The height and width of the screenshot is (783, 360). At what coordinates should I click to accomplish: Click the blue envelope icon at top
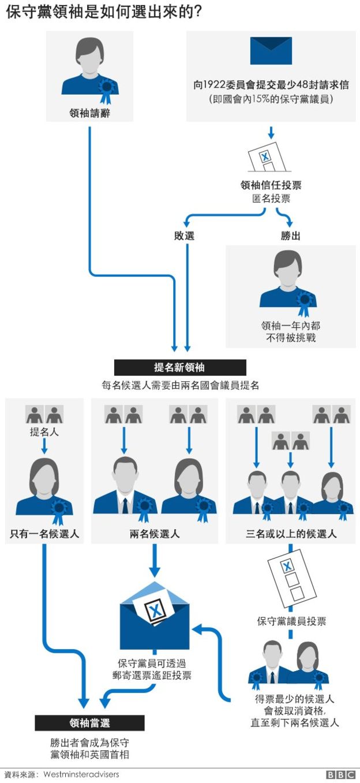(271, 51)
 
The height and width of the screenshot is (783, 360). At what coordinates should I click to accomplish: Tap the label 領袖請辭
(89, 114)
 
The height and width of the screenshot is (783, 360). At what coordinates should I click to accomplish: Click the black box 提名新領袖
(179, 368)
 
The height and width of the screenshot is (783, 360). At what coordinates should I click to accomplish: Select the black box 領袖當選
(89, 723)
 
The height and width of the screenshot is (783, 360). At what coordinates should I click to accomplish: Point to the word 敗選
(185, 236)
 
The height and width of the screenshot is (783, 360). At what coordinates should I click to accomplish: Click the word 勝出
(290, 236)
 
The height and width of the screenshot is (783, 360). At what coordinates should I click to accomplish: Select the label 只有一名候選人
(44, 534)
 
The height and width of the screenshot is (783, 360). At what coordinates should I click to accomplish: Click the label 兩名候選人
(155, 534)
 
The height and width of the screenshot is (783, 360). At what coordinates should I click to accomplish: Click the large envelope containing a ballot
(154, 616)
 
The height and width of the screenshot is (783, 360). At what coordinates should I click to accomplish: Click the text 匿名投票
(271, 199)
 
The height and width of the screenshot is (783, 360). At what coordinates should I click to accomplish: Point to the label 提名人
(44, 432)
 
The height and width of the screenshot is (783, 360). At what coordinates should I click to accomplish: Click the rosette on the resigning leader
(107, 88)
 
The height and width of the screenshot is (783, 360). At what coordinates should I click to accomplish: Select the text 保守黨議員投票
(291, 621)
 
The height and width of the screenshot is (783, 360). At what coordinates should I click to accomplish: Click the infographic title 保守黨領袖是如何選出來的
(104, 13)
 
